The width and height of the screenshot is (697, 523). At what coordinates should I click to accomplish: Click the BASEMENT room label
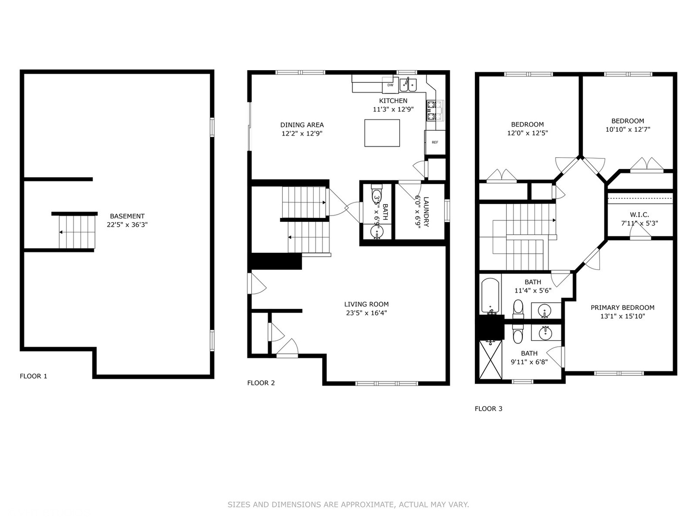pyautogui.click(x=127, y=216)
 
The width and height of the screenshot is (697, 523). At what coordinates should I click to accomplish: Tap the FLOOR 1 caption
pyautogui.click(x=33, y=376)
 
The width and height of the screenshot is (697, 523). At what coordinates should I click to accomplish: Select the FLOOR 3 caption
pyautogui.click(x=488, y=409)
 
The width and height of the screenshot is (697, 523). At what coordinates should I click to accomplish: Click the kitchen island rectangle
pyautogui.click(x=382, y=133)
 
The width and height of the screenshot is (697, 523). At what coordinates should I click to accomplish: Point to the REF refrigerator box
pyautogui.click(x=435, y=142)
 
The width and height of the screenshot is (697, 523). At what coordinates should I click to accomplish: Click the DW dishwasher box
pyautogui.click(x=390, y=85)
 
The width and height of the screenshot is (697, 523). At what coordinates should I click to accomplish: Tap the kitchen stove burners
pyautogui.click(x=435, y=110)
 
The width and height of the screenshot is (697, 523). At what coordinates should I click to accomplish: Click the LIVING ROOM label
pyautogui.click(x=366, y=304)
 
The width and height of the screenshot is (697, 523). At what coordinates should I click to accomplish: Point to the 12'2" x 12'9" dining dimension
pyautogui.click(x=302, y=134)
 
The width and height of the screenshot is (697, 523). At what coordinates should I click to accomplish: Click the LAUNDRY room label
pyautogui.click(x=426, y=212)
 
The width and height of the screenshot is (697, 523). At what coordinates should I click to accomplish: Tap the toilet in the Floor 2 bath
pyautogui.click(x=377, y=196)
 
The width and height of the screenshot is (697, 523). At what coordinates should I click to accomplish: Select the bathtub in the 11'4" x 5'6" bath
pyautogui.click(x=490, y=295)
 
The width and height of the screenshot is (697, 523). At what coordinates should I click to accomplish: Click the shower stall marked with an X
pyautogui.click(x=491, y=360)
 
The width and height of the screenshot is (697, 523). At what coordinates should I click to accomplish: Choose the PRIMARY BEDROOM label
pyautogui.click(x=622, y=308)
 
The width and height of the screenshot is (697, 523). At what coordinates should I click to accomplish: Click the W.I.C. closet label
pyautogui.click(x=639, y=215)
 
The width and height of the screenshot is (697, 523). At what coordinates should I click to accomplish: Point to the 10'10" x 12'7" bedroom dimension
pyautogui.click(x=627, y=130)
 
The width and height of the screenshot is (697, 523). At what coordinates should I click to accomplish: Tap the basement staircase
pyautogui.click(x=76, y=231)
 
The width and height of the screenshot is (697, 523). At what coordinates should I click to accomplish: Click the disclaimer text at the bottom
pyautogui.click(x=348, y=505)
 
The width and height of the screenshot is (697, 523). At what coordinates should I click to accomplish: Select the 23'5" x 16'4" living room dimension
pyautogui.click(x=366, y=313)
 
